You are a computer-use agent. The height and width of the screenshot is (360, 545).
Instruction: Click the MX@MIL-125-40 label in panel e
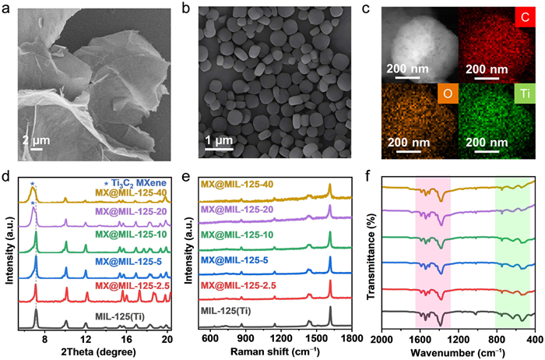point(237,185)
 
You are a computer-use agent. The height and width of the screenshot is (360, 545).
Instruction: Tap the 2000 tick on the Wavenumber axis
point(381,340)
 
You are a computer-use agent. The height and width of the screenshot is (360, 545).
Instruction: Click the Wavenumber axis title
point(458,352)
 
